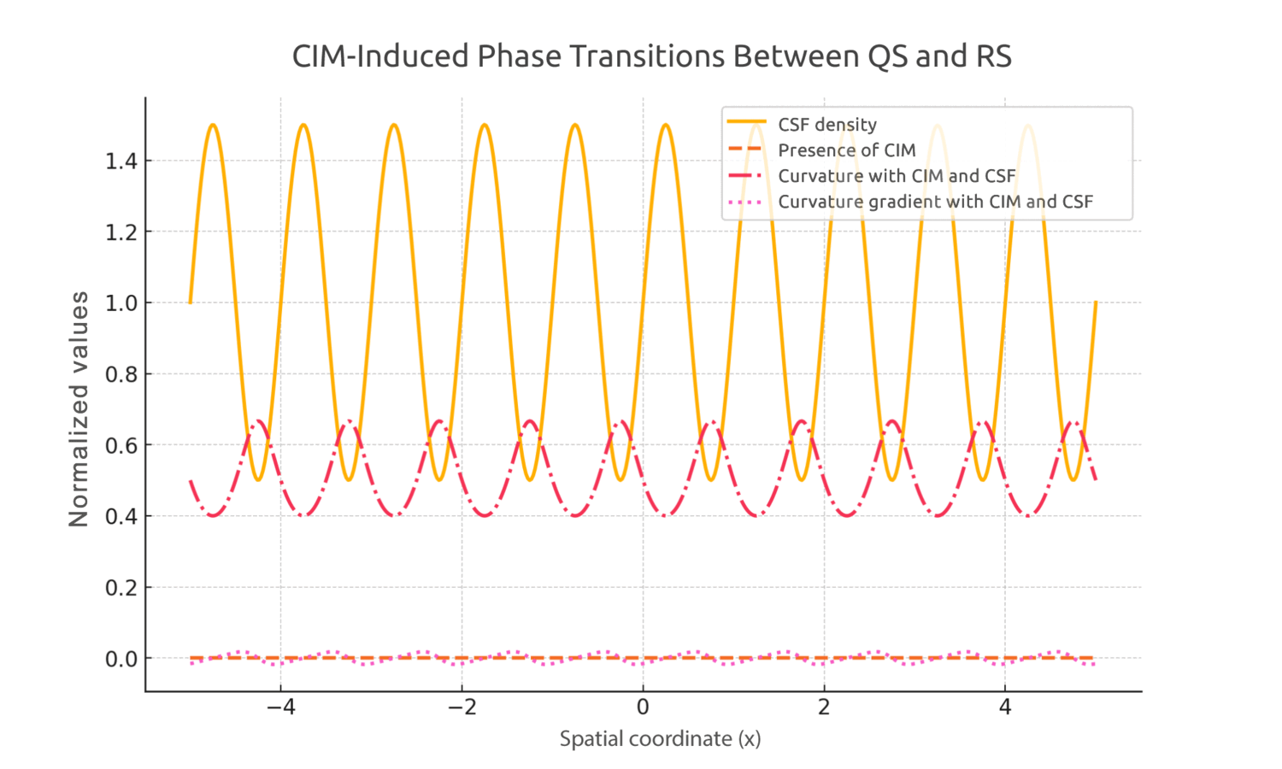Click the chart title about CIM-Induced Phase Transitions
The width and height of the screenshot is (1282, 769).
pos(651,56)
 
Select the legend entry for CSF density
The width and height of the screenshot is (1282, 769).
pos(826,125)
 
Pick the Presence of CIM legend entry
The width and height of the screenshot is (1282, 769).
pos(846,150)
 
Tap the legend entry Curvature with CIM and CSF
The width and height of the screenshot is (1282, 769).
pos(896,176)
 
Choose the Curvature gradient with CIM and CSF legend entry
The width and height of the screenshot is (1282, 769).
pos(935,202)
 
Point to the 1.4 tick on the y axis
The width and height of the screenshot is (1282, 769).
pos(121,161)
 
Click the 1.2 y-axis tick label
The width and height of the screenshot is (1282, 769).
pos(121,232)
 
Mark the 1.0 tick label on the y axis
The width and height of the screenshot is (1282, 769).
pos(121,303)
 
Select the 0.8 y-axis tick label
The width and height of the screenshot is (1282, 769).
pos(121,374)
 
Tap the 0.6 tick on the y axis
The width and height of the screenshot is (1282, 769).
pos(121,445)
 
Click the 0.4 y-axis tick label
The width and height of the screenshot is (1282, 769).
pos(121,517)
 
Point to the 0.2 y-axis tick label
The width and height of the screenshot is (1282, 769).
pos(121,588)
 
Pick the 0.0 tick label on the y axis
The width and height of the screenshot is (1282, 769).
pos(121,659)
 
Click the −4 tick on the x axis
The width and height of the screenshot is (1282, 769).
pos(280,707)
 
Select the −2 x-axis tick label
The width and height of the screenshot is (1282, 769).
pos(462,707)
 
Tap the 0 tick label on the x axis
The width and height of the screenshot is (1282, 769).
pos(643,707)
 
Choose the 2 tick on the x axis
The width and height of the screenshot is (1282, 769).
pos(824,707)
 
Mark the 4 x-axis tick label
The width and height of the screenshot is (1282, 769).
pos(1005,707)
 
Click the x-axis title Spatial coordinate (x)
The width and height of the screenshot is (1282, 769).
pos(660,739)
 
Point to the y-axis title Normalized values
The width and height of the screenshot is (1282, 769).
pos(79,409)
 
